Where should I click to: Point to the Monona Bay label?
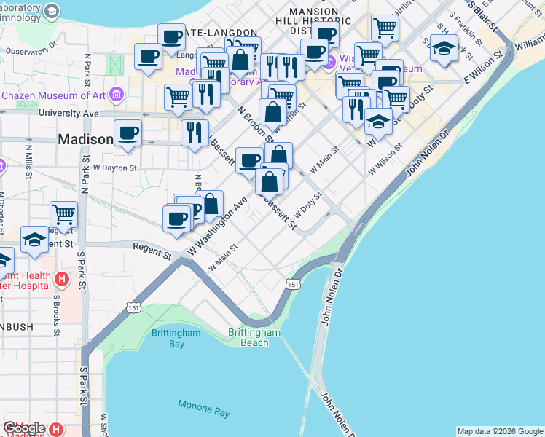point(204,408)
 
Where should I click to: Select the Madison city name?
point(85,139)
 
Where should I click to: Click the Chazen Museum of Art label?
point(55,95)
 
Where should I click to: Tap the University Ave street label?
point(68,114)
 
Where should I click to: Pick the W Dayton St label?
point(114,168)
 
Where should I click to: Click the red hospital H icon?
point(62,278)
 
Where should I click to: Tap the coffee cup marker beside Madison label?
point(128,133)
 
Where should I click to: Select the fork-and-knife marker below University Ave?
point(195,133)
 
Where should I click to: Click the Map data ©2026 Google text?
point(500,431)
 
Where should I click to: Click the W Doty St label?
point(307,206)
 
